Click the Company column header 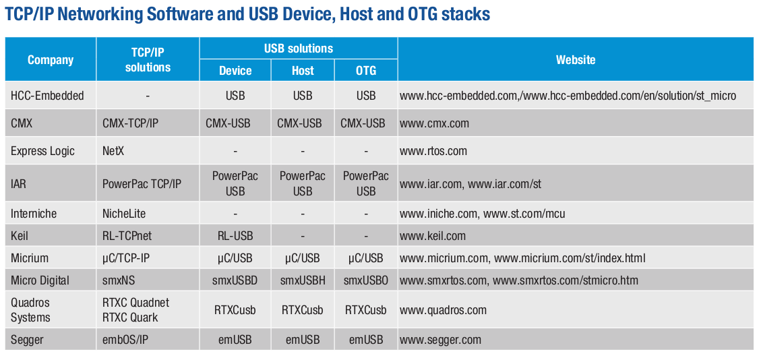(x=51, y=59)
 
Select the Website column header (x=576, y=59)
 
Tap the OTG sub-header (x=366, y=71)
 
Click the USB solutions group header (x=298, y=49)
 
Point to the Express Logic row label (x=42, y=151)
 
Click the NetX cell (x=113, y=151)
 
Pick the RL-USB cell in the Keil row (x=235, y=236)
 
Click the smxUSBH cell (x=303, y=280)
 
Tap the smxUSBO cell (x=366, y=280)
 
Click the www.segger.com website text (x=440, y=340)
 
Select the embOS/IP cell (x=125, y=340)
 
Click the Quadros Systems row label (x=30, y=310)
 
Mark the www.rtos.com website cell (x=433, y=151)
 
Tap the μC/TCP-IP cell (x=126, y=258)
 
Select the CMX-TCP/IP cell (x=129, y=123)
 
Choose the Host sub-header (x=303, y=71)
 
